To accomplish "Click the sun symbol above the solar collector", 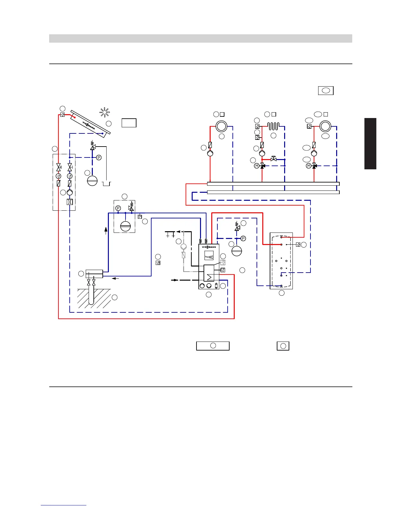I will (x=104, y=112).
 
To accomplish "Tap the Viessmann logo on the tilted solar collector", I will (x=89, y=125).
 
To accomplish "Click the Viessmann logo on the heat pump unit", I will (x=209, y=247).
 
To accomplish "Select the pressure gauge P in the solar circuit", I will (x=99, y=157).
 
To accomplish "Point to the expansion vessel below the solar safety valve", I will (x=92, y=181).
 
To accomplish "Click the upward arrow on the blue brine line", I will (x=106, y=230).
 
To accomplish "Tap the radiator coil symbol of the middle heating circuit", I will (x=273, y=126).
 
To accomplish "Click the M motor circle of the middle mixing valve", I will (x=257, y=166).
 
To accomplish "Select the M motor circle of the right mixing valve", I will (x=309, y=166).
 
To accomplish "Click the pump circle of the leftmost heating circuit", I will (x=210, y=153).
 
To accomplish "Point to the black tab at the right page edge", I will (x=370, y=143).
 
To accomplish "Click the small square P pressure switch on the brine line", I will (x=140, y=217).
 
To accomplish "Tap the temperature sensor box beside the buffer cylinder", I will (x=298, y=245).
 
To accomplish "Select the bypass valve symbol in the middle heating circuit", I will (x=274, y=159).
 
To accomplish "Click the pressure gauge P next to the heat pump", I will (x=243, y=238).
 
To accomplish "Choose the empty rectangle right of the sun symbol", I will (x=129, y=123).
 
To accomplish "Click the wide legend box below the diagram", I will (x=213, y=346).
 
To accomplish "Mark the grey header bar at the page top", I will (x=200, y=38).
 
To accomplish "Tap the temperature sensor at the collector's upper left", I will (x=63, y=115).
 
